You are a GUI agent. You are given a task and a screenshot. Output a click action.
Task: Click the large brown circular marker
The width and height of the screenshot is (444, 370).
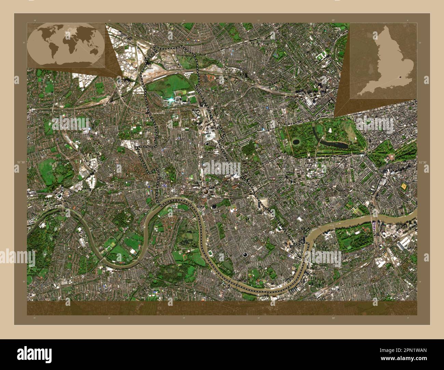pyautogui.click(x=206, y=191)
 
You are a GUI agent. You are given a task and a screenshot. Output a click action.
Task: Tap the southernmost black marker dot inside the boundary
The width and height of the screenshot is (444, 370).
pyautogui.click(x=245, y=255)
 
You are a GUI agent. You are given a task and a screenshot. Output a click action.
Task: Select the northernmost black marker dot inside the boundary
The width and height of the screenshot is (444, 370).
pyautogui.click(x=207, y=144)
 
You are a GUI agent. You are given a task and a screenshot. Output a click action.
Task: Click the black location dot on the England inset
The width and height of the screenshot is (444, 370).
pyautogui.click(x=400, y=77)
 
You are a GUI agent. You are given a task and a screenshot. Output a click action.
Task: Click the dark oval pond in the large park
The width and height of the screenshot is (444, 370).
pyautogui.click(x=295, y=141)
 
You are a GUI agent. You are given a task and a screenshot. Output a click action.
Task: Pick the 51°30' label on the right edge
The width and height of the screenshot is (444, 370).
pyautogui.click(x=423, y=162)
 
